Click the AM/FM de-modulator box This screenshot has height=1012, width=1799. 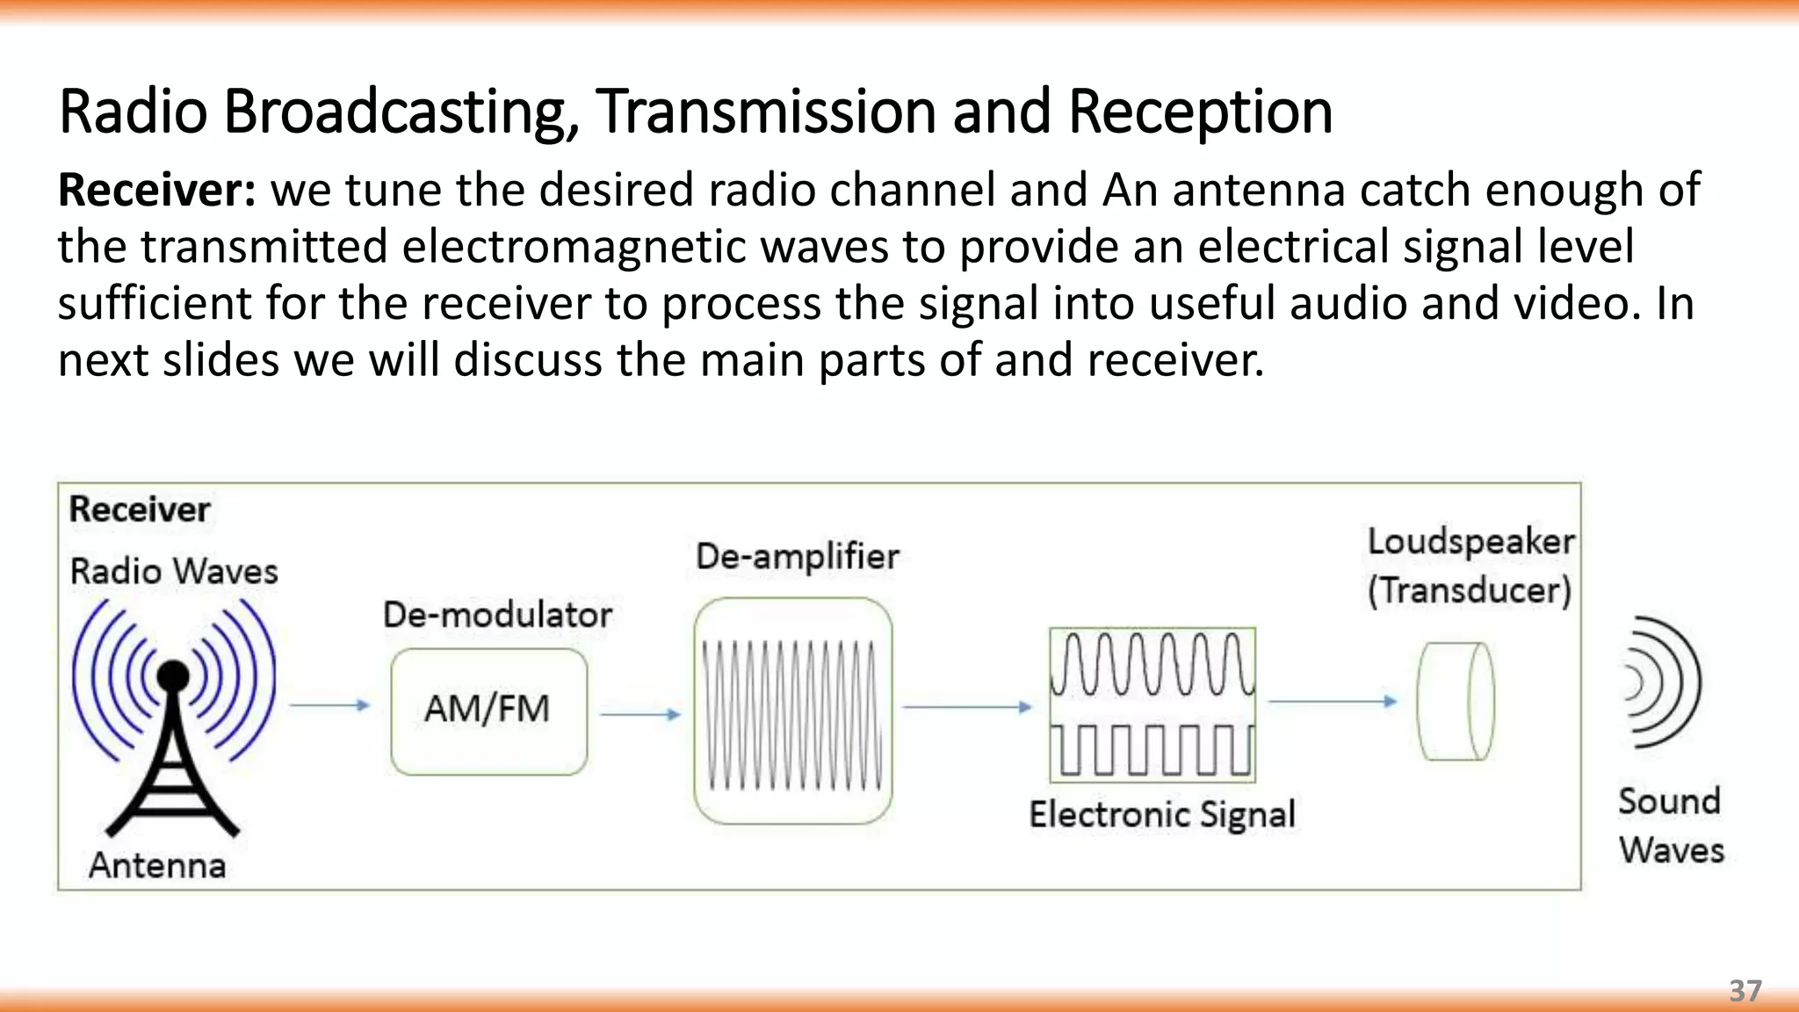(x=488, y=712)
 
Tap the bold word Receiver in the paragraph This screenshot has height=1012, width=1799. (x=156, y=190)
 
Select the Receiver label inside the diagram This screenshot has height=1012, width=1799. (x=140, y=510)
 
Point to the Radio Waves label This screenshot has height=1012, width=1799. (x=174, y=571)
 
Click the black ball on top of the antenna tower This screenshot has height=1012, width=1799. (x=173, y=676)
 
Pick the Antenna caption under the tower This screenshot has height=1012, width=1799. (x=157, y=865)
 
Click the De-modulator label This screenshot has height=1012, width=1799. (x=497, y=614)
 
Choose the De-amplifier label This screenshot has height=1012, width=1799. (x=798, y=556)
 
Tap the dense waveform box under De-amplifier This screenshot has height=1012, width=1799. (x=792, y=712)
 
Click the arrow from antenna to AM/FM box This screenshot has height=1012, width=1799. (x=329, y=705)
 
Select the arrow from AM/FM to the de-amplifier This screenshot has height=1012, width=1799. (x=640, y=714)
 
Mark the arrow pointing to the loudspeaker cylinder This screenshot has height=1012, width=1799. (x=1333, y=701)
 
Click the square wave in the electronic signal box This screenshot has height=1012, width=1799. (x=1152, y=751)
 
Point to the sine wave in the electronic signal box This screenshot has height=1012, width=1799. (x=1152, y=664)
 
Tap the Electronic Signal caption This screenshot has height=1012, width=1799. (x=1162, y=814)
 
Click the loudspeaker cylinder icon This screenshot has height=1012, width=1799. (x=1456, y=701)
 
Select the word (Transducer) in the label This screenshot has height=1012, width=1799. (x=1469, y=590)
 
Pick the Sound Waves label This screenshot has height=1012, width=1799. (x=1671, y=826)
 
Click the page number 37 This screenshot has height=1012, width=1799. (x=1745, y=991)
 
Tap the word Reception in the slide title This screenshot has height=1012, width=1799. (x=1200, y=112)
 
